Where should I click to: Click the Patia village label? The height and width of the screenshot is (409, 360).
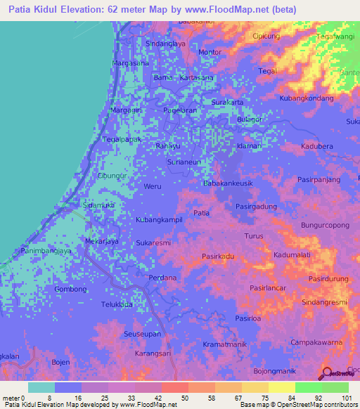[201, 212]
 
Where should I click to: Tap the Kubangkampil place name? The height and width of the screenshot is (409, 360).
[159, 220]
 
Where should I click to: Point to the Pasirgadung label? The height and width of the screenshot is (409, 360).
[256, 207]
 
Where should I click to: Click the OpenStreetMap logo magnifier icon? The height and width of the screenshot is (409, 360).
[326, 373]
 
